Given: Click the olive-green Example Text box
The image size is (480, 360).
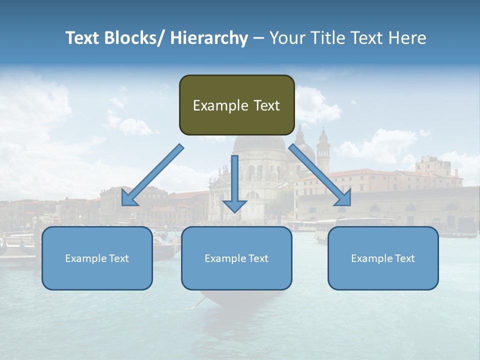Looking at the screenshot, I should click(236, 105).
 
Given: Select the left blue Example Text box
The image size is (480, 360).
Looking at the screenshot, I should click(97, 258).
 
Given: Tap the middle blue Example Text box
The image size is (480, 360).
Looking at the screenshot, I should click(236, 258).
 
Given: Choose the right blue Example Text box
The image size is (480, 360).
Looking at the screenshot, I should click(383, 258).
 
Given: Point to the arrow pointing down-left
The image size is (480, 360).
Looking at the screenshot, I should click(152, 175).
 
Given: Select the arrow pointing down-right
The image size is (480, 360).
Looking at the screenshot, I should click(320, 175).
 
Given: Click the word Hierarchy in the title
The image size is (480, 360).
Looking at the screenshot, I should click(209, 38).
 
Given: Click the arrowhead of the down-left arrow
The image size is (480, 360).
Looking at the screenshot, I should click(128, 198).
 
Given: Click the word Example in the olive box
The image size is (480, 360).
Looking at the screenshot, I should click(220, 105).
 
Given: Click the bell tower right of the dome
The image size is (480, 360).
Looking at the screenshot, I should click(323, 150).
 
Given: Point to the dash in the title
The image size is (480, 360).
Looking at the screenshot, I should click(258, 38).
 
